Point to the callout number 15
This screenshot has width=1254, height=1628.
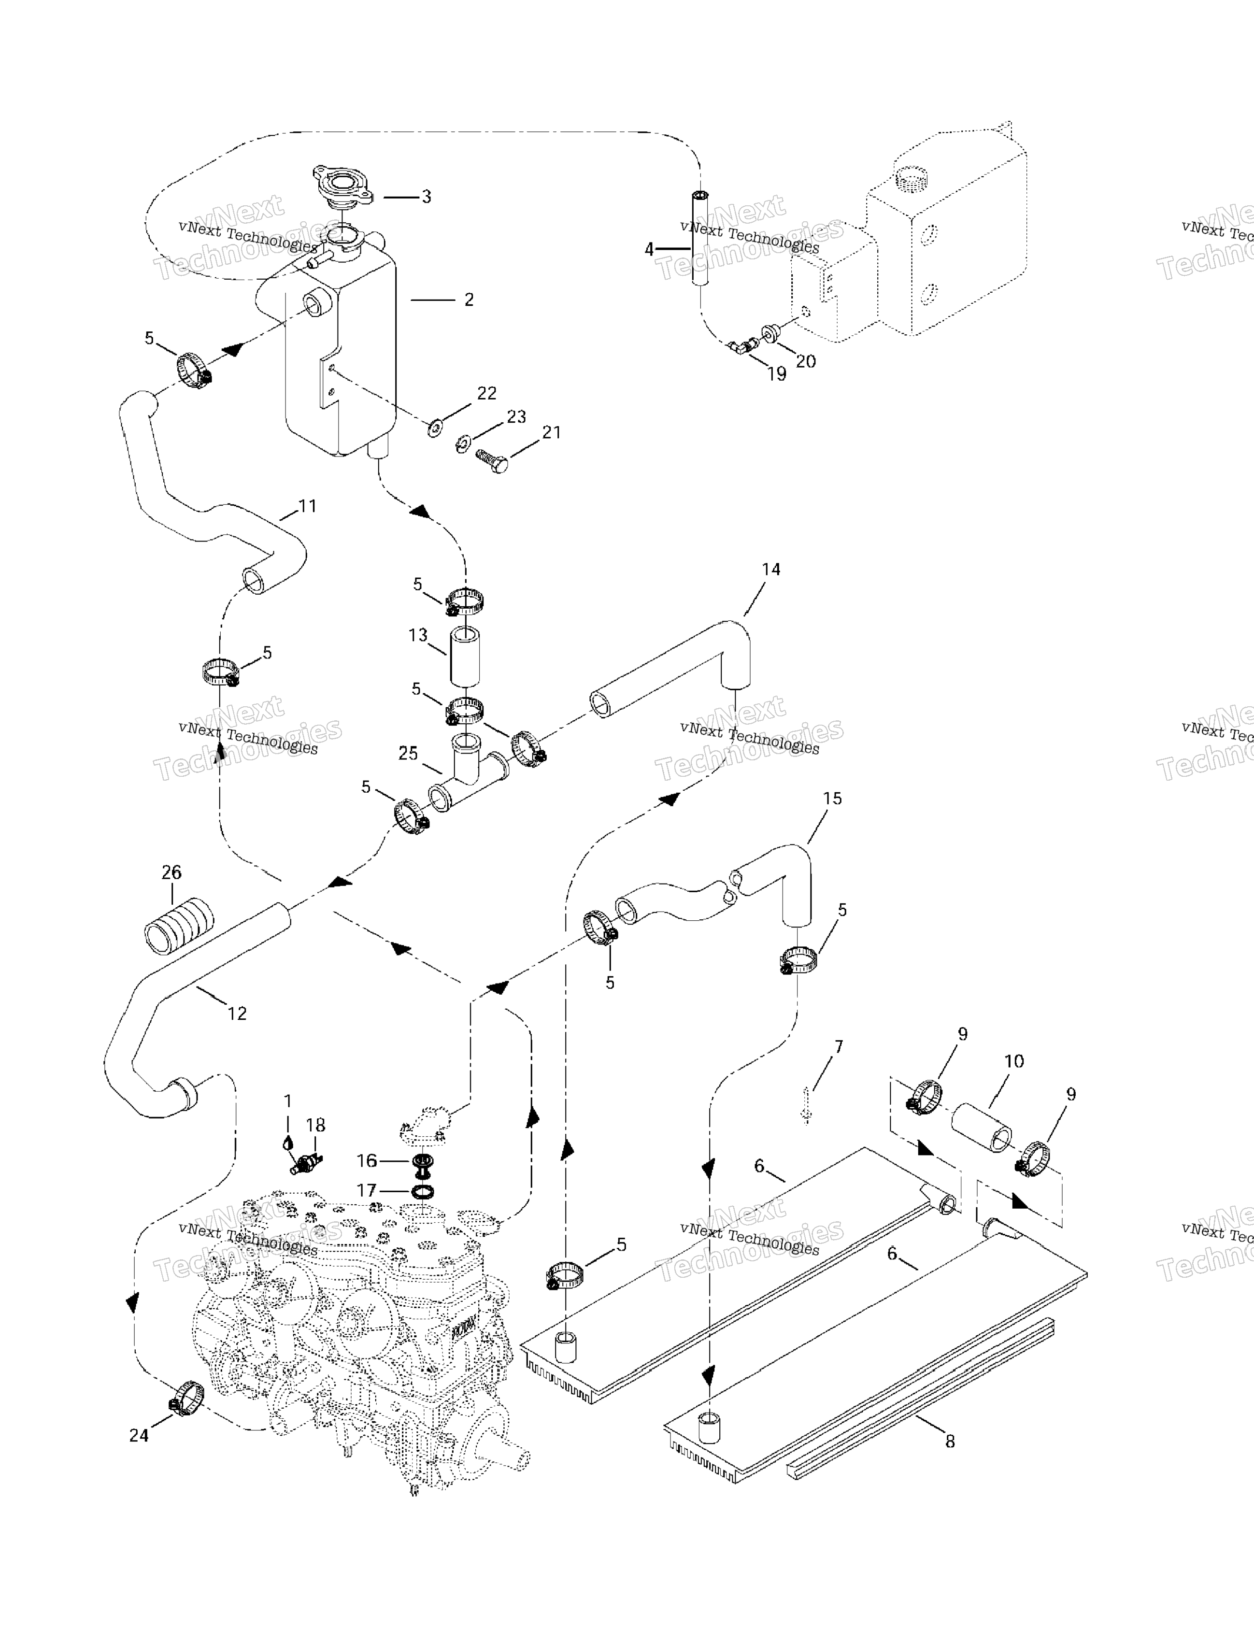coord(832,799)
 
